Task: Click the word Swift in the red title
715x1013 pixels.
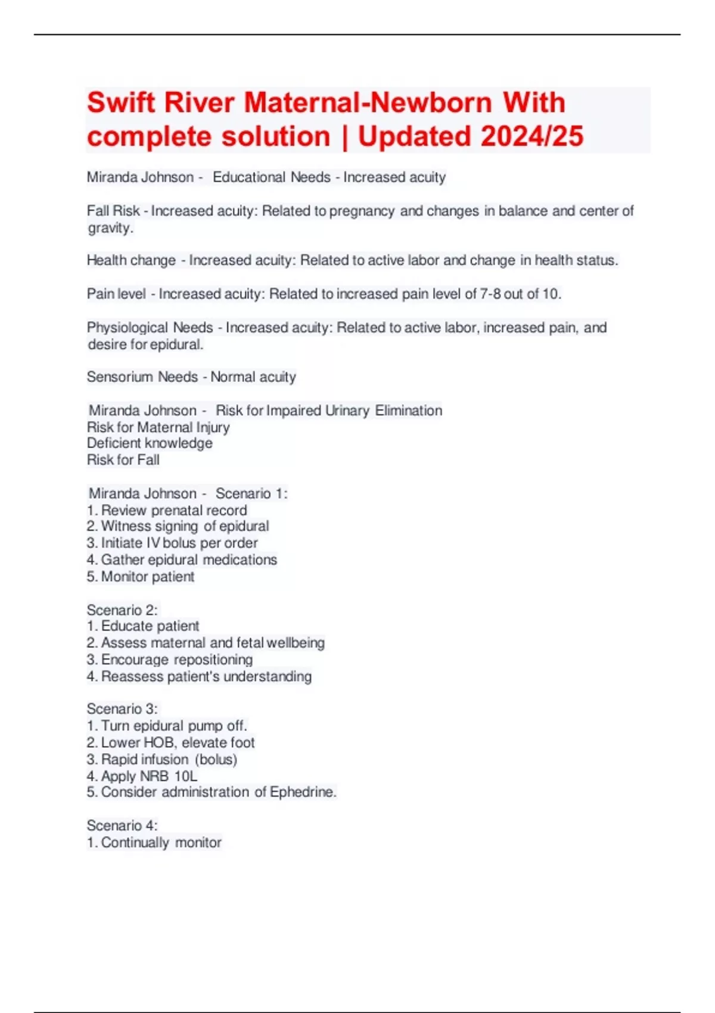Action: point(121,102)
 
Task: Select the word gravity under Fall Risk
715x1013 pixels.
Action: point(110,228)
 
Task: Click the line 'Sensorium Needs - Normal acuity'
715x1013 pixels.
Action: point(191,377)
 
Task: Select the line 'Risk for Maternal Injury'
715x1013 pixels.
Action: point(158,427)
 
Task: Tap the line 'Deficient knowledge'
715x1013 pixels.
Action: point(150,443)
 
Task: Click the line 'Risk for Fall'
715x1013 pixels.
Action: point(123,460)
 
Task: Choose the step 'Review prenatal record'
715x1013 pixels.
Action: point(173,511)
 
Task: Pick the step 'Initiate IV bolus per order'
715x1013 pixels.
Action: point(179,543)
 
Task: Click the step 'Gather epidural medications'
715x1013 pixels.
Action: point(188,560)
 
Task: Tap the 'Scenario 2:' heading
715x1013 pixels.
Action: point(122,610)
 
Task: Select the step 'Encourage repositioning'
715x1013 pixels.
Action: point(176,660)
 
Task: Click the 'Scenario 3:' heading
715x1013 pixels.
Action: point(122,709)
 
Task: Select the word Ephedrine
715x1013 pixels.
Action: point(303,793)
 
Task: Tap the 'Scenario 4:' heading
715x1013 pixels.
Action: point(122,826)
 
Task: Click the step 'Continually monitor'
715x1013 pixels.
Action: point(161,843)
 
